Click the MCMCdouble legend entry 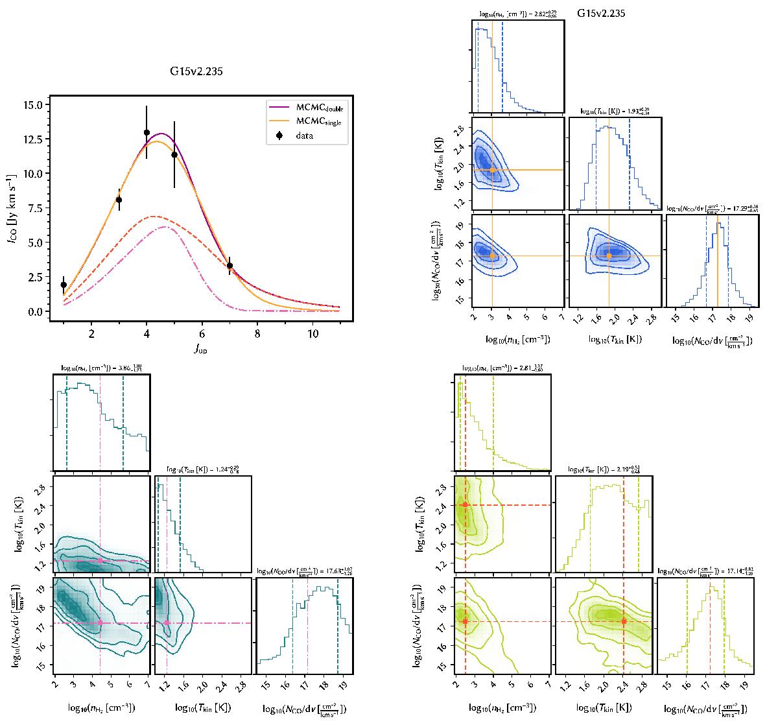(x=304, y=108)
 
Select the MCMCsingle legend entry (x=304, y=122)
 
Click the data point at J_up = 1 (x=64, y=285)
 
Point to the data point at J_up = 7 (x=230, y=265)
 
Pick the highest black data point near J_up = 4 (x=147, y=132)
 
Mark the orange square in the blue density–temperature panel (x=492, y=170)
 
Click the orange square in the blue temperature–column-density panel (x=609, y=256)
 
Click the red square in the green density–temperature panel (x=466, y=504)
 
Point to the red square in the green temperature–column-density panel (x=624, y=621)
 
